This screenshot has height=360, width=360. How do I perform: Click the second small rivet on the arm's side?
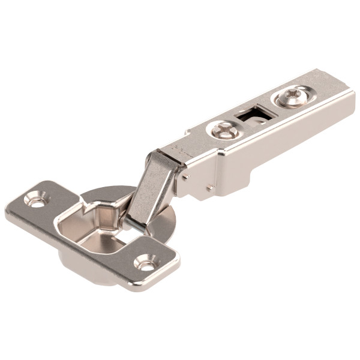tap(210, 188)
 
